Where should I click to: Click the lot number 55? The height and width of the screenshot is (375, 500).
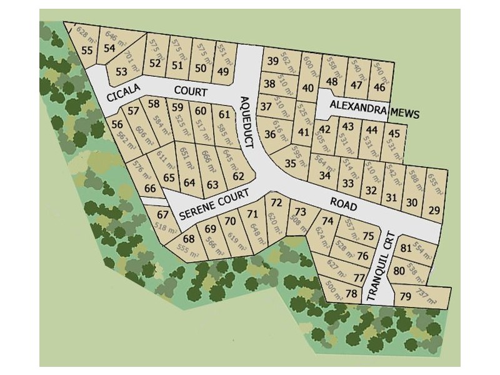(87, 51)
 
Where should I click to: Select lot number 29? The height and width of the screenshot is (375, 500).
(434, 210)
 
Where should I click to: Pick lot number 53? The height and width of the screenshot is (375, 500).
(121, 71)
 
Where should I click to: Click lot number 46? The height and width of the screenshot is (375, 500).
(379, 86)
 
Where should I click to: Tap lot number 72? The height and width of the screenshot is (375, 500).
(276, 202)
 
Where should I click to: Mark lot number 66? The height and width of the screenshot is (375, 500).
(149, 188)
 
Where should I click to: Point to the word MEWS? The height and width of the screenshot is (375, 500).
(405, 114)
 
